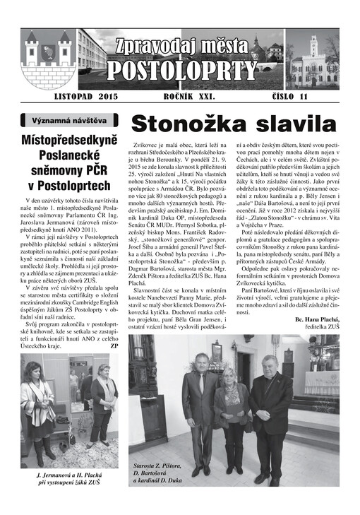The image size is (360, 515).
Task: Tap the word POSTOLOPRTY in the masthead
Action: coord(181,70)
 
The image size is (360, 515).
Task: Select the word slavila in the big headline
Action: coord(291,123)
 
